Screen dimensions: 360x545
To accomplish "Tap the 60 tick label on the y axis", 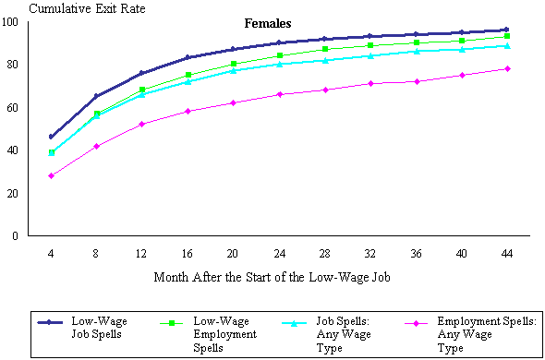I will pos(14,108).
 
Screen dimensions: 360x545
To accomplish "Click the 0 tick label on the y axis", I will pos(17,236).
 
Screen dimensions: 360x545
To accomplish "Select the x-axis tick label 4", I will pos(52,251).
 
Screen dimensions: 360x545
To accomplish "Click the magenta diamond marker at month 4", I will pos(52,175).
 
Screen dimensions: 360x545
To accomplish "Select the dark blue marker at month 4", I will pos(52,137).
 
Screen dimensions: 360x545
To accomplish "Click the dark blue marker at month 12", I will pos(141,73).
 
